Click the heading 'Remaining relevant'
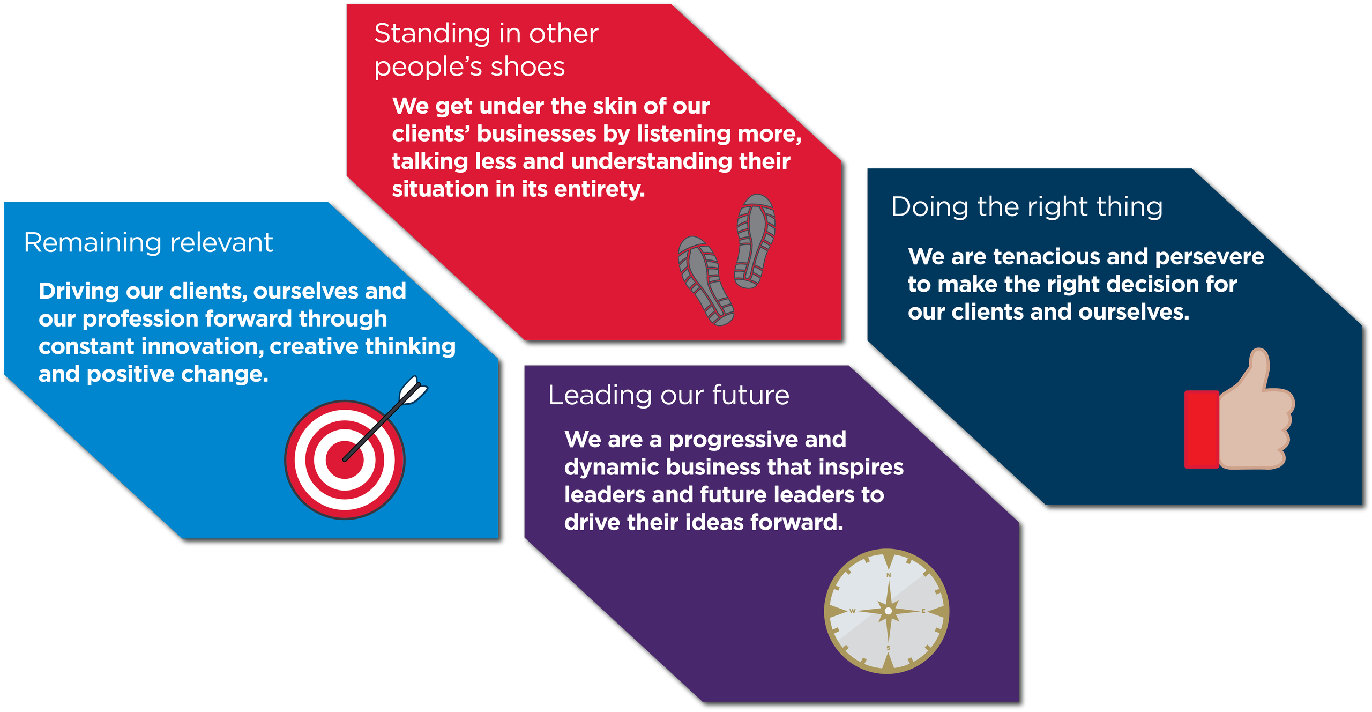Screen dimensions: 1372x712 [x=148, y=243]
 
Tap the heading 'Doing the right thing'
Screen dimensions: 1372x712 [x=1027, y=207]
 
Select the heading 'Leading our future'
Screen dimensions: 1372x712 [x=668, y=395]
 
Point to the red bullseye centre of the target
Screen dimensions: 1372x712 [x=345, y=459]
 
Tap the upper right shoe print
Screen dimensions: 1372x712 [x=755, y=241]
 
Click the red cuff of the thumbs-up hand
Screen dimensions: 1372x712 [x=1202, y=429]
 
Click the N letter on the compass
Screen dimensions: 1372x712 [x=889, y=575]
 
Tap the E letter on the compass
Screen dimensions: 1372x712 [x=923, y=611]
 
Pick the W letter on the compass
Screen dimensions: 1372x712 [x=853, y=611]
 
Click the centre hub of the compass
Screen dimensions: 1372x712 [x=889, y=611]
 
